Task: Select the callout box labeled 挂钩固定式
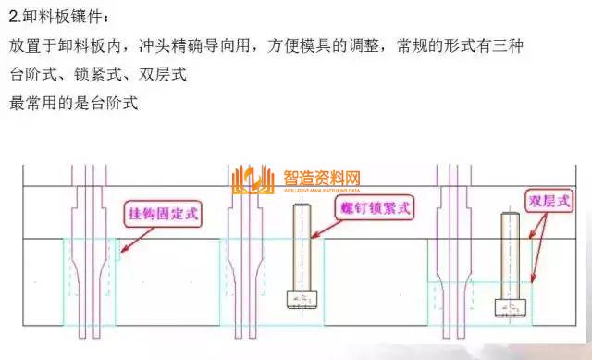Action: click(x=163, y=214)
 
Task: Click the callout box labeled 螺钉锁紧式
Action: click(x=374, y=208)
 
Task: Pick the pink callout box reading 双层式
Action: click(x=549, y=201)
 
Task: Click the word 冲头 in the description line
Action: click(x=151, y=45)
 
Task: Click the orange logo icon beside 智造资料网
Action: click(x=253, y=181)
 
